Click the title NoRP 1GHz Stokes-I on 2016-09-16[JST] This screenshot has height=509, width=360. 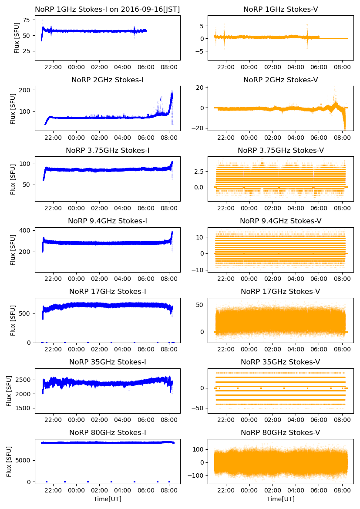(x=108, y=9)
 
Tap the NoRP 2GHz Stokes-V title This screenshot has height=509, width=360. (x=281, y=80)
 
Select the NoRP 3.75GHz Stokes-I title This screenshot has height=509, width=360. (x=108, y=150)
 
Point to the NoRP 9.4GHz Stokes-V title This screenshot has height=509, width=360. (x=281, y=221)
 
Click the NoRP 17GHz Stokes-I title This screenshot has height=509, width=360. (x=108, y=291)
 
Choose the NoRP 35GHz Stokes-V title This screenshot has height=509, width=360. (x=281, y=362)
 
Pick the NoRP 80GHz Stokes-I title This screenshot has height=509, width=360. (x=108, y=432)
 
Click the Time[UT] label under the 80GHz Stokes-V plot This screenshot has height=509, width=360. (x=281, y=499)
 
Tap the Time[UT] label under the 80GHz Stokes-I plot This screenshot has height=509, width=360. (x=108, y=499)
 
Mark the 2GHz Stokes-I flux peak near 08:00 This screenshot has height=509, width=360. (x=172, y=93)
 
